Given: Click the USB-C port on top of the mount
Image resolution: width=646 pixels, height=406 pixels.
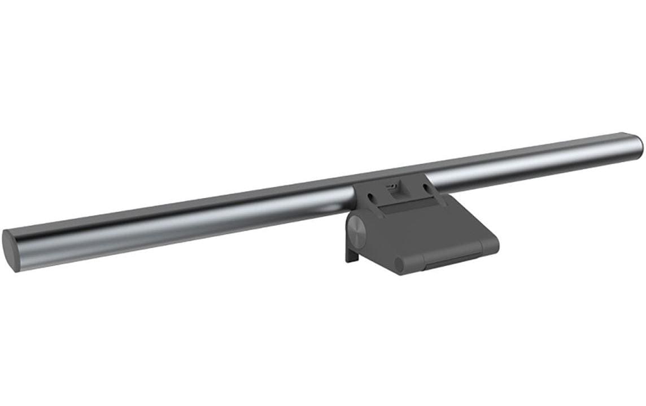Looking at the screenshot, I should click(391, 185).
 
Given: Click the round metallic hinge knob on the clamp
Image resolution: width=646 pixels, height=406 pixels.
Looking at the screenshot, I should click(357, 231).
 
